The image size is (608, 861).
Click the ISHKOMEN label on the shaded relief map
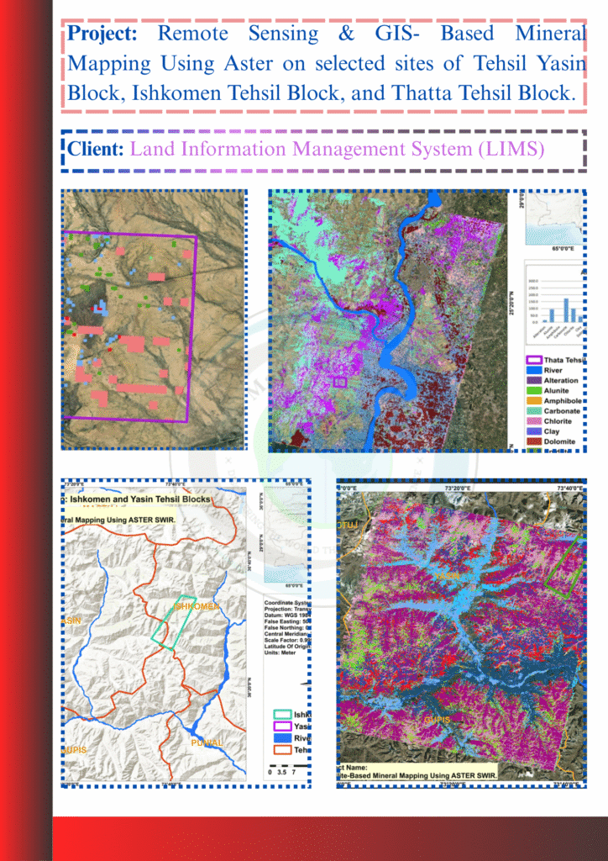click(198, 605)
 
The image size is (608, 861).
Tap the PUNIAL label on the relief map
click(207, 743)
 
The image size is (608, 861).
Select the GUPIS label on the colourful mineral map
click(437, 720)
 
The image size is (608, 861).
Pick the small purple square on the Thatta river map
click(340, 382)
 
